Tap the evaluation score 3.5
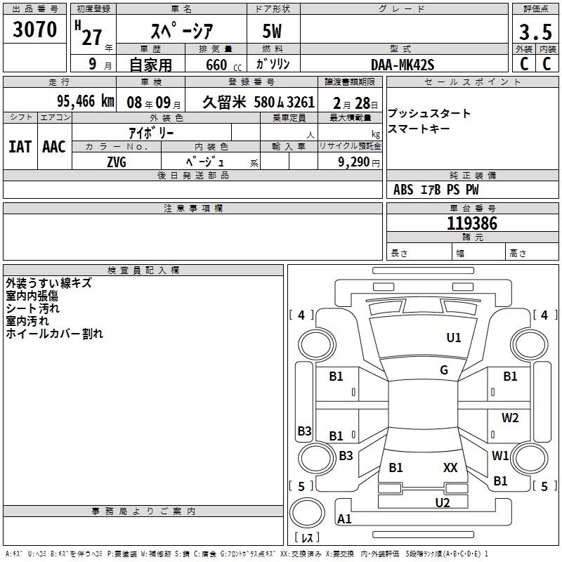click(x=535, y=32)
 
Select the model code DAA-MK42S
click(x=403, y=65)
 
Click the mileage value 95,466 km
click(x=85, y=101)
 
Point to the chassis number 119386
click(x=472, y=224)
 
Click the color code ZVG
click(x=117, y=162)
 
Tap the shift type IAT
click(x=20, y=147)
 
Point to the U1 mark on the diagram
click(x=454, y=338)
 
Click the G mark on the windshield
click(x=444, y=370)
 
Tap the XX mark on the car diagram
click(x=450, y=467)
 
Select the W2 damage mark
click(x=510, y=418)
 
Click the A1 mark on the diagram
click(x=344, y=519)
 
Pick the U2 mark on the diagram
click(x=442, y=502)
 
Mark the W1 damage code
click(x=500, y=455)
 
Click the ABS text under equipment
click(x=403, y=190)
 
